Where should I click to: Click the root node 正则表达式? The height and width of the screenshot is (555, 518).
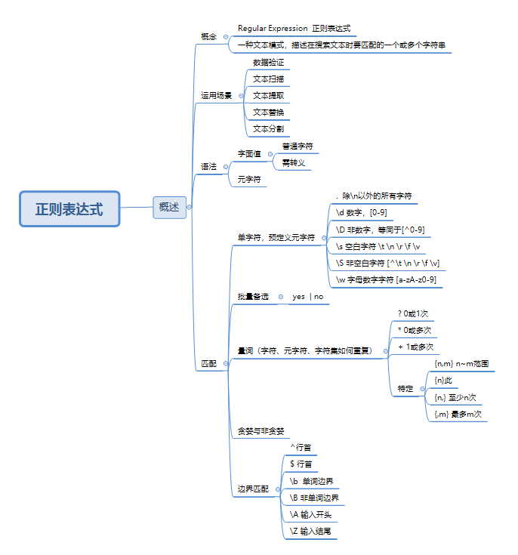(x=69, y=208)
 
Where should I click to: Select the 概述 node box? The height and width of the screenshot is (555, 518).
(x=169, y=207)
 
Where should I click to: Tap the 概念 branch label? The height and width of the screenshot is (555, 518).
(x=208, y=36)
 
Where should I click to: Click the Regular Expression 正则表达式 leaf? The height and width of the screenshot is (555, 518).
(x=294, y=28)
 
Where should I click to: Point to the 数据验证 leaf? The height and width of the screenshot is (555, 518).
(x=268, y=62)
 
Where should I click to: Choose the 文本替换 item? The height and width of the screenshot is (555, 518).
(x=268, y=112)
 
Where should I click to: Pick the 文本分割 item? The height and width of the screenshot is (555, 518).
(x=268, y=128)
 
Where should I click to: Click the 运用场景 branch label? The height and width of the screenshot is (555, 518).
(x=216, y=96)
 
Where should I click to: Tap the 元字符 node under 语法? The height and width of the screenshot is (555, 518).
(x=249, y=180)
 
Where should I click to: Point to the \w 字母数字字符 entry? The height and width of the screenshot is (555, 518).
(x=385, y=279)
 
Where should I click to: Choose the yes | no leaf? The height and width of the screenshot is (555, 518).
(x=307, y=297)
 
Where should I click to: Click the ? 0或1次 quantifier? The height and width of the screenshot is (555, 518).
(x=413, y=313)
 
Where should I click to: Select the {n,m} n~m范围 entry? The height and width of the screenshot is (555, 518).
(x=461, y=363)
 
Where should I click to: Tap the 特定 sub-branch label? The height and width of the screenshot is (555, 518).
(x=405, y=389)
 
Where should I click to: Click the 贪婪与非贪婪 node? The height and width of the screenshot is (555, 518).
(x=261, y=431)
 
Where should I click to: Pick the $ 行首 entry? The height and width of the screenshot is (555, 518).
(x=301, y=464)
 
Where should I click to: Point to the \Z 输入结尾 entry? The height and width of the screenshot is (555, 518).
(x=310, y=532)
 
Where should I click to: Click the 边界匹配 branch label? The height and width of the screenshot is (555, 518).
(x=253, y=489)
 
